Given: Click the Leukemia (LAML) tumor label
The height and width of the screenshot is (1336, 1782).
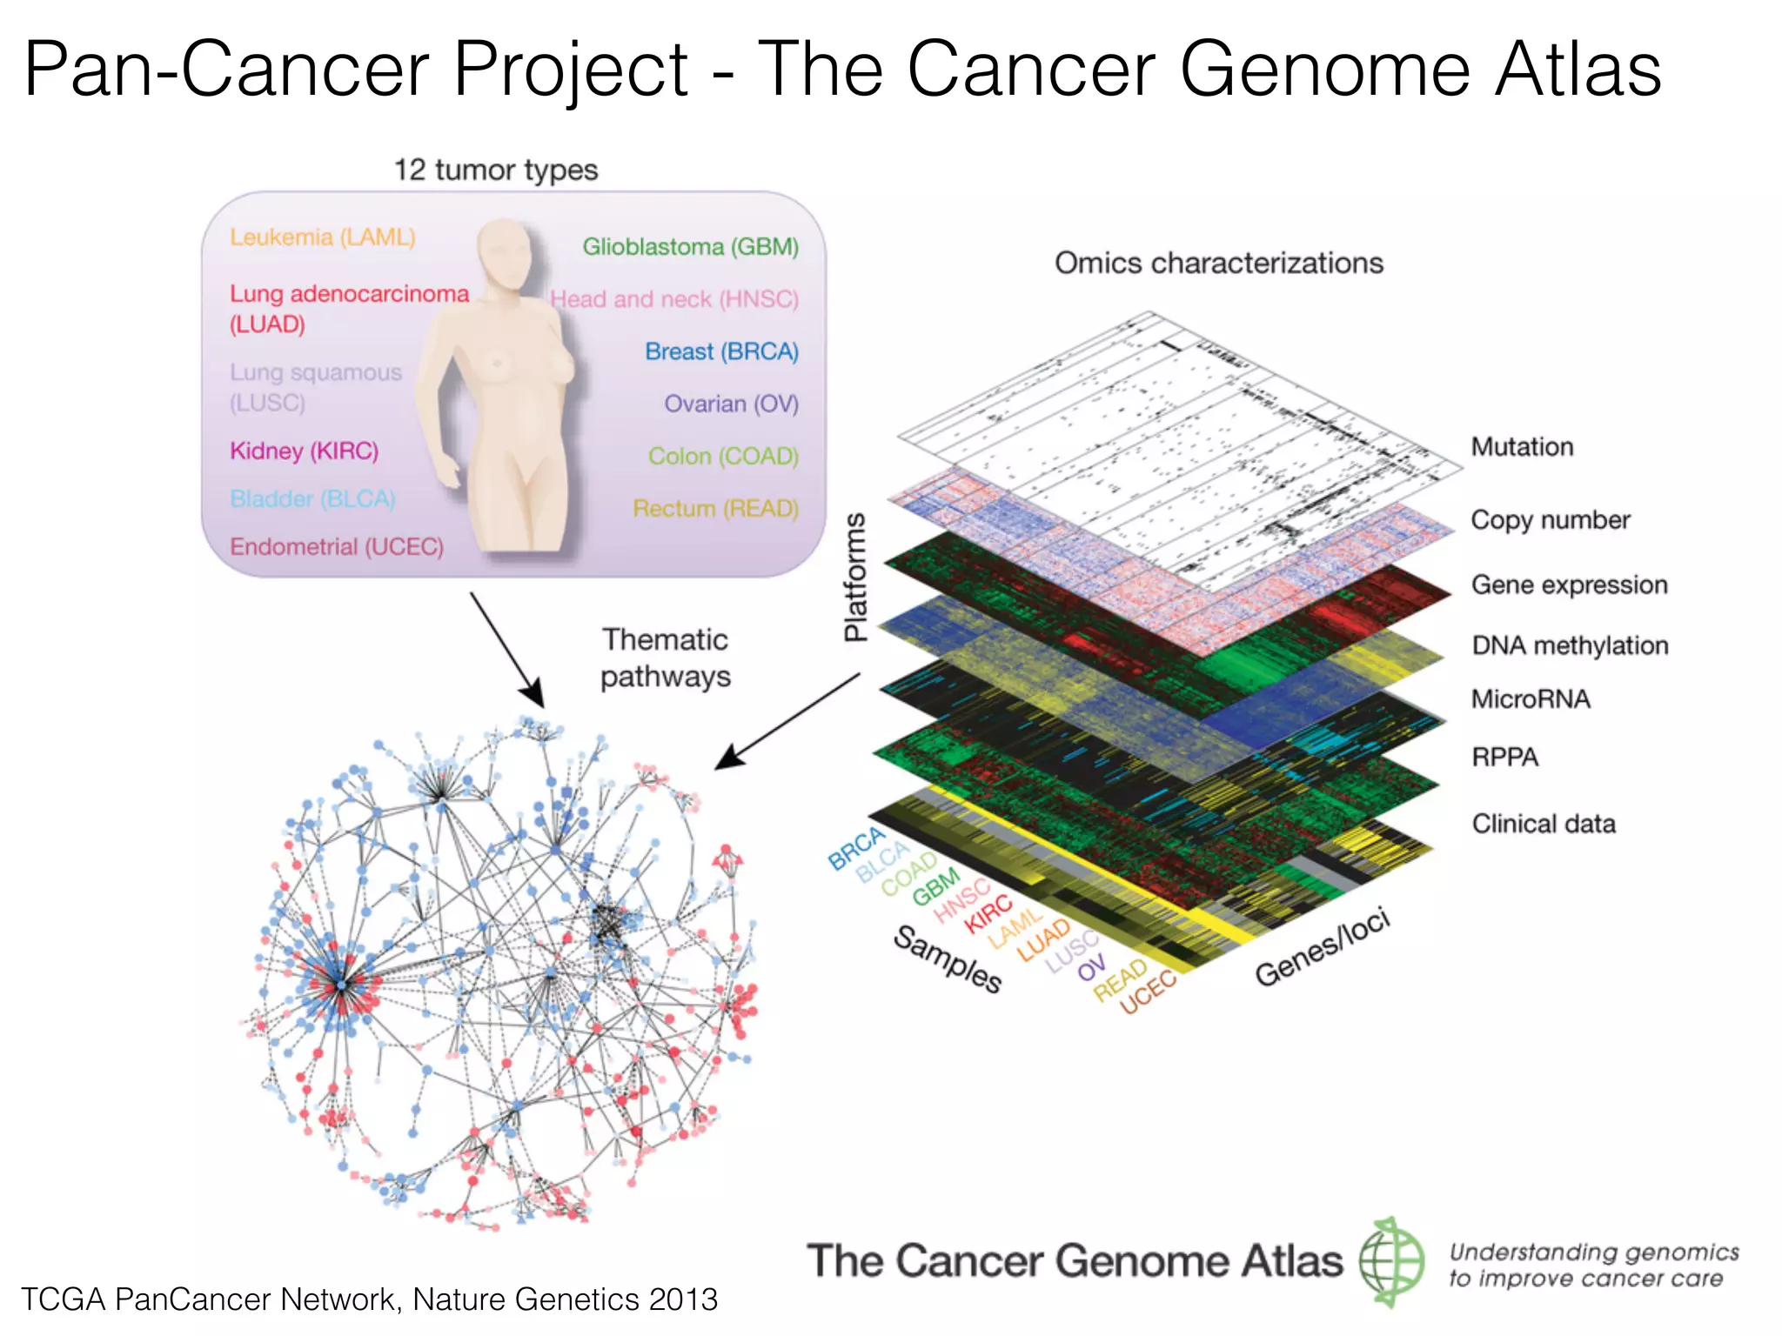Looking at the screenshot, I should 323,237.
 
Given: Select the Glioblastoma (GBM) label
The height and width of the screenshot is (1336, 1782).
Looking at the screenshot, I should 690,247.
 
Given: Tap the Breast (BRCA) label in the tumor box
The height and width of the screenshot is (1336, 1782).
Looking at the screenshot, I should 721,351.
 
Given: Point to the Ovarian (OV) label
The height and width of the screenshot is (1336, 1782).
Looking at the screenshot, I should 731,404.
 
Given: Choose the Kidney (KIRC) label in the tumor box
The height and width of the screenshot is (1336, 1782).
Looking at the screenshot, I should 304,451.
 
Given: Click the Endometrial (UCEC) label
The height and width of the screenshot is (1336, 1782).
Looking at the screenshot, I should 337,546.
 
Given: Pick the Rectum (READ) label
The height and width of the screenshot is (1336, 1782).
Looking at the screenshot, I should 715,508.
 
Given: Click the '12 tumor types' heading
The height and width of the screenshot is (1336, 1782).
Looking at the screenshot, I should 496,170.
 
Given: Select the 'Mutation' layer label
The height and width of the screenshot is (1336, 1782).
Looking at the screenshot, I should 1522,447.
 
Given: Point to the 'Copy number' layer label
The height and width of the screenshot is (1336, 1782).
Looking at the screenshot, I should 1550,520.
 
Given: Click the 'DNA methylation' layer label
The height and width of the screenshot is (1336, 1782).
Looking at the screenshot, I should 1570,645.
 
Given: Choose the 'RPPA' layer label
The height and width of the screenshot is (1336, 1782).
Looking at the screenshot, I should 1504,758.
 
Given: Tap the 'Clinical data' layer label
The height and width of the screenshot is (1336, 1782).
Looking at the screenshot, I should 1544,824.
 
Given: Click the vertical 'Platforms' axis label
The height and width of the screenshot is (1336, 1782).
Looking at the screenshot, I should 856,577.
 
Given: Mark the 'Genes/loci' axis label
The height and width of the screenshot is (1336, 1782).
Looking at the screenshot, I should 1322,947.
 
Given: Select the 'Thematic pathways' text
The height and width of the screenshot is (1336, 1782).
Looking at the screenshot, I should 666,658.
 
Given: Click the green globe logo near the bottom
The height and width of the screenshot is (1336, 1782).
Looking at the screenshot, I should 1391,1261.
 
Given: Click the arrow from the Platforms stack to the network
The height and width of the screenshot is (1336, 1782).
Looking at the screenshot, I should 787,721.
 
